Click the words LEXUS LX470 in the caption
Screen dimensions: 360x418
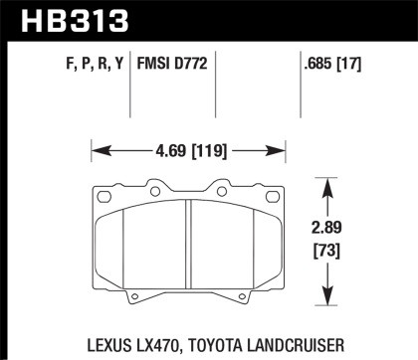(115, 338)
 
